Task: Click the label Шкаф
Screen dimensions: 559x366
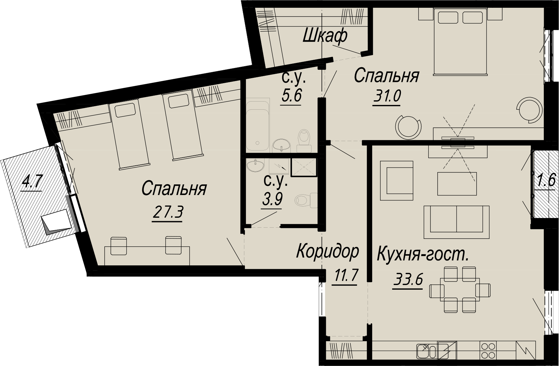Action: pos(325,36)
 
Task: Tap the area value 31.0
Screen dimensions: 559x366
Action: pos(387,97)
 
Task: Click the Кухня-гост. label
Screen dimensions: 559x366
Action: pos(423,254)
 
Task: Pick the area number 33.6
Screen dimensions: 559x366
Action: pos(408,280)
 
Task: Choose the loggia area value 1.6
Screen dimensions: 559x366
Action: pos(546,180)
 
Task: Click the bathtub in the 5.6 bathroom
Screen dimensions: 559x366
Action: pos(258,125)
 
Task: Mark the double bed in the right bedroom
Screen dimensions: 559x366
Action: pos(460,42)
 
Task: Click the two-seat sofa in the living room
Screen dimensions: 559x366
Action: pos(456,219)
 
